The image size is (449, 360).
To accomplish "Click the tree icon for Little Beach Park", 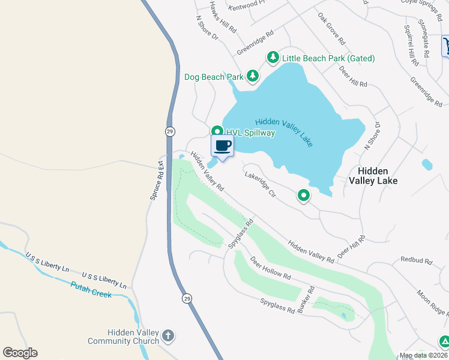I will click(273, 58).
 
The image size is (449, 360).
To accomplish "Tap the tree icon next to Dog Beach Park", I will click(253, 76).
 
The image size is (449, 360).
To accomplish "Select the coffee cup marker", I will click(222, 145).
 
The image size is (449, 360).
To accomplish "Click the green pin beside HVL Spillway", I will click(217, 131).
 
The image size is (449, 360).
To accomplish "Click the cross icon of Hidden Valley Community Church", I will click(168, 336).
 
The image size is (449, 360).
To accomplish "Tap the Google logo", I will click(20, 353).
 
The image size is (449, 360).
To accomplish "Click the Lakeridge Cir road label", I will click(260, 185).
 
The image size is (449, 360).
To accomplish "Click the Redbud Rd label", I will click(416, 262).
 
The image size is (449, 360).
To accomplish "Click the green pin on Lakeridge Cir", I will click(304, 195).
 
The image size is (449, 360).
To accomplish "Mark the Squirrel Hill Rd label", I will click(411, 46).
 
